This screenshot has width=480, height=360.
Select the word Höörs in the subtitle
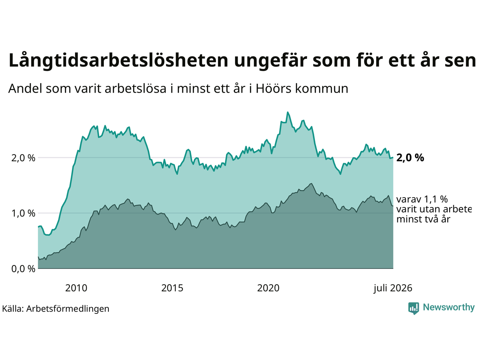273,88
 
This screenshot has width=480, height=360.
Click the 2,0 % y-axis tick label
23,158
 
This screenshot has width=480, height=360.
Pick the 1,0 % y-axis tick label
23,213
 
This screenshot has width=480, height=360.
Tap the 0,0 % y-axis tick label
23,269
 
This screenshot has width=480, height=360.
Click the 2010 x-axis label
76,288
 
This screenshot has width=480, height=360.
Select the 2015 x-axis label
172,288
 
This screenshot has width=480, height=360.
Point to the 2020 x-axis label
268,288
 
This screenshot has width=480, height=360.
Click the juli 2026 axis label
393,288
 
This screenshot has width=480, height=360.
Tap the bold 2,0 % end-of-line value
410,157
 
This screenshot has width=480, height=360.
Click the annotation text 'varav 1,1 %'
422,199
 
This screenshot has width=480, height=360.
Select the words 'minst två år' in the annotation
423,219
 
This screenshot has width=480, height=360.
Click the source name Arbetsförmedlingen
67,309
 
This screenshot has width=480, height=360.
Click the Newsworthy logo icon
414,308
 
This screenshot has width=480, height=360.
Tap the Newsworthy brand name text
449,307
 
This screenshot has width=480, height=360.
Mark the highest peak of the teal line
288,112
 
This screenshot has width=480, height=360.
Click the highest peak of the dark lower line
311,183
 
